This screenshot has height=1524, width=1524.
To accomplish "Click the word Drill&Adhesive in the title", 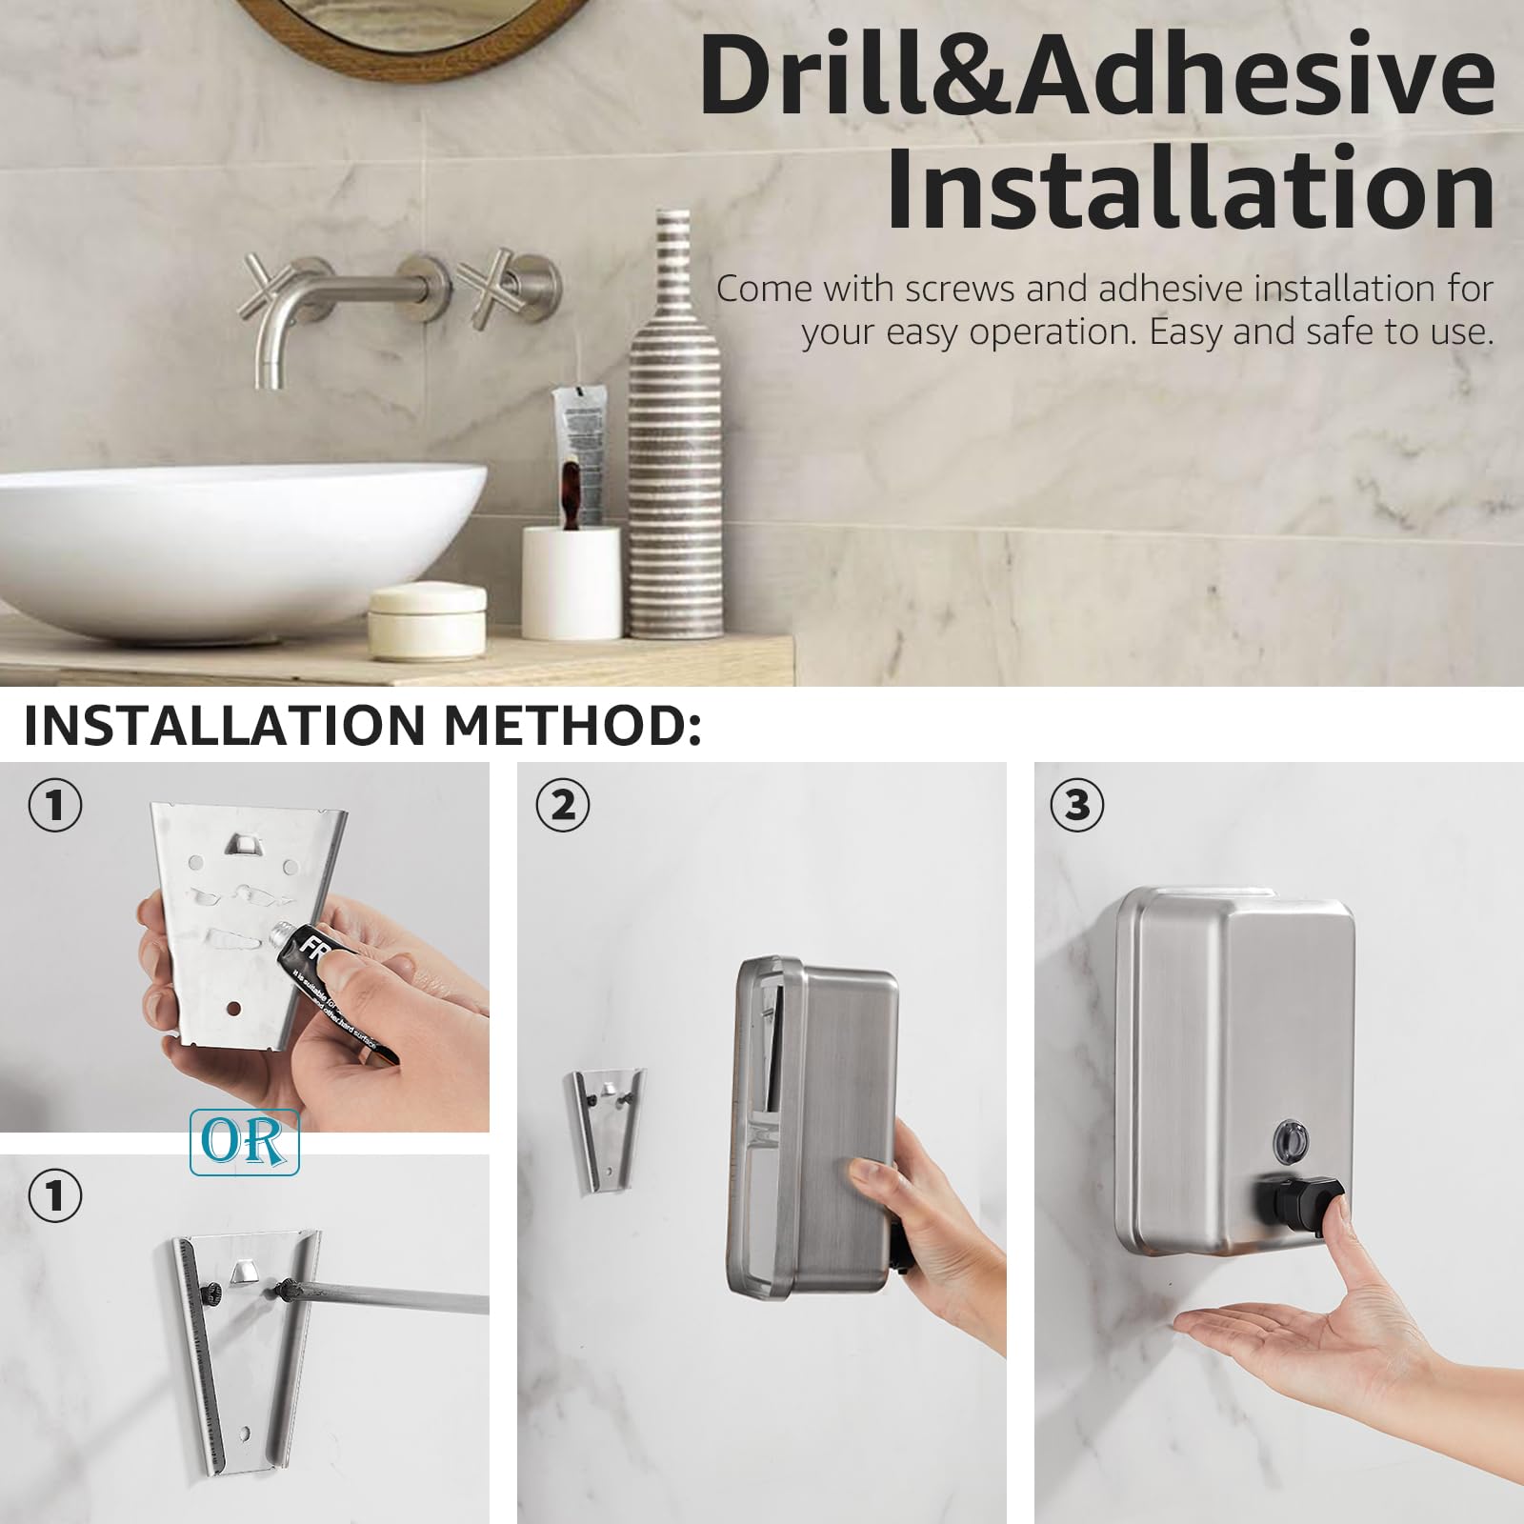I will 1095,78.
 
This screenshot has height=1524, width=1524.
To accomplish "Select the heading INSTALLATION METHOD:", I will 362,726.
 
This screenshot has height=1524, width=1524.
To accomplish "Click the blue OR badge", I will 245,1141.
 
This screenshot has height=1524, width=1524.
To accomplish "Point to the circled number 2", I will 563,806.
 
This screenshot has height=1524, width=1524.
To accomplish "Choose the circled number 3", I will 1076,806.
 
